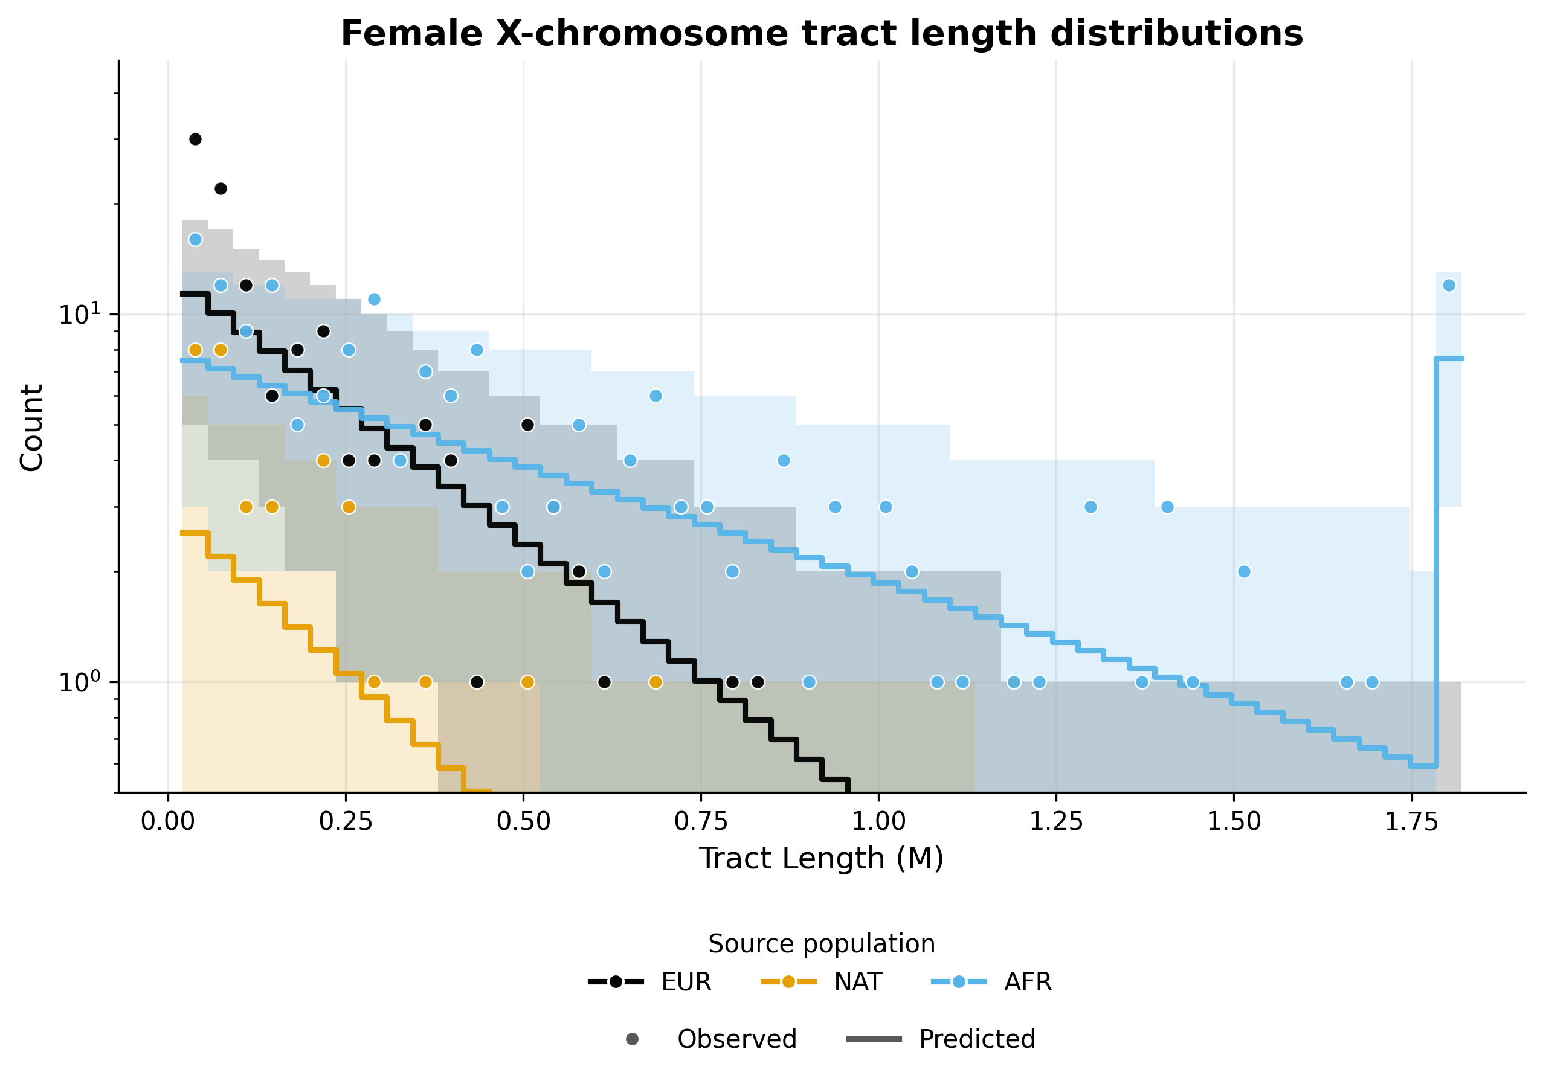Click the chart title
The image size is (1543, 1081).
(x=821, y=34)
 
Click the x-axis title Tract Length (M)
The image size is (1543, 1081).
(x=821, y=859)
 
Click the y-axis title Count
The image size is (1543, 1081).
(x=31, y=428)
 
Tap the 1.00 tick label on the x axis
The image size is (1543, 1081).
(x=878, y=821)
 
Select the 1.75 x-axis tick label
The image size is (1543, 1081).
(x=1411, y=821)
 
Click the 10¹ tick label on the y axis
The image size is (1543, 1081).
(x=79, y=314)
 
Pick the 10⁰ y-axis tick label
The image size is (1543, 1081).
(x=79, y=682)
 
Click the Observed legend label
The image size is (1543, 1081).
(x=736, y=1039)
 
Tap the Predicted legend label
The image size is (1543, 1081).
(x=976, y=1039)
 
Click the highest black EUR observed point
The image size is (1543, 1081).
(x=195, y=139)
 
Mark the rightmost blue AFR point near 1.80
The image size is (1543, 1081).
(x=1449, y=285)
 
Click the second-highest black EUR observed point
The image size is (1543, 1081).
(x=221, y=189)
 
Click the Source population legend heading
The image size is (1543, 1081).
(x=821, y=944)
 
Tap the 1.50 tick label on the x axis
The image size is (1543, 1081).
(x=1233, y=821)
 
